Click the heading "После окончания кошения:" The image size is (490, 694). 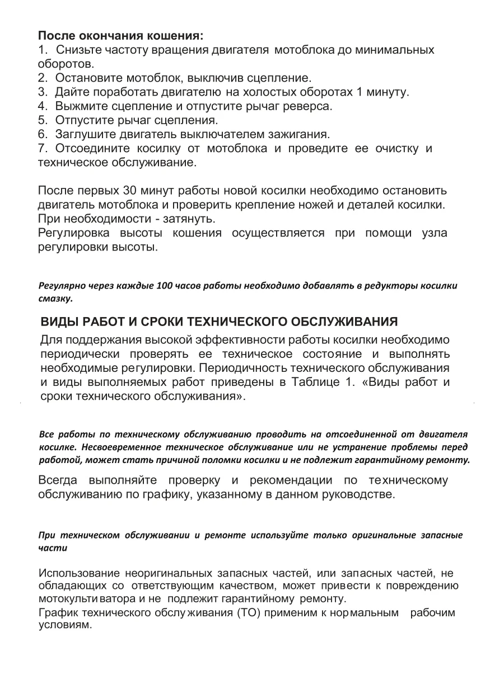pyautogui.click(x=120, y=36)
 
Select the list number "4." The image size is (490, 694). pyautogui.click(x=43, y=105)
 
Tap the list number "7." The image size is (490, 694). pyautogui.click(x=43, y=149)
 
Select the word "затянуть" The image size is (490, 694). pyautogui.click(x=190, y=218)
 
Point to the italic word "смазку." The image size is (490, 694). pyautogui.click(x=55, y=299)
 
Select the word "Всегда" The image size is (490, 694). pyautogui.click(x=58, y=481)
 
